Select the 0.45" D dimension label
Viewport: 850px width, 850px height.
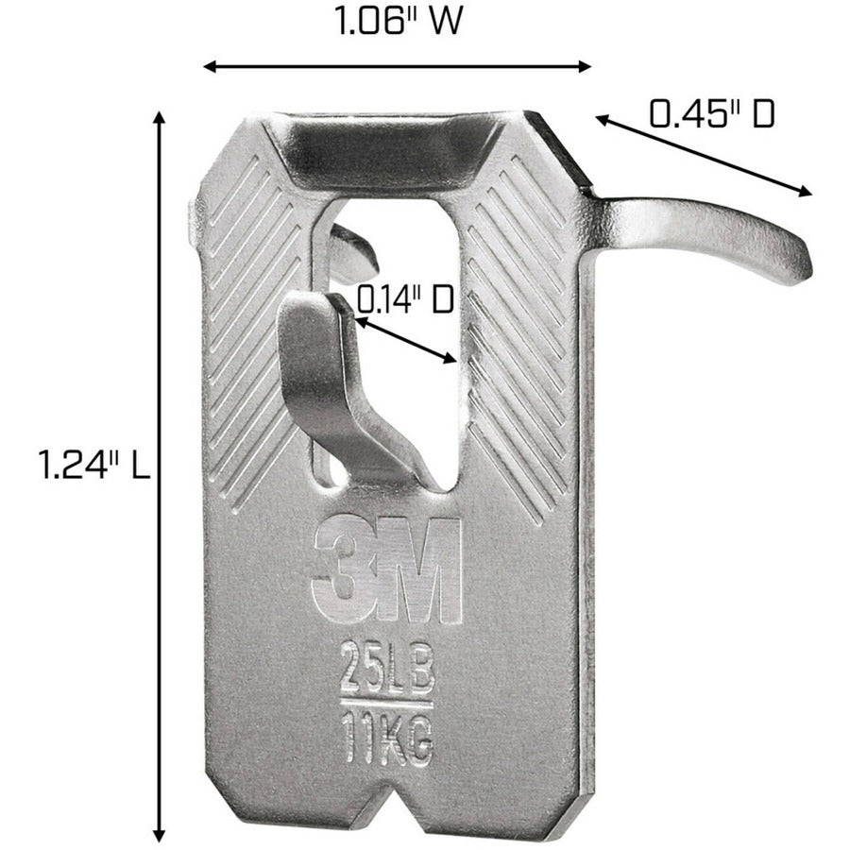pos(711,113)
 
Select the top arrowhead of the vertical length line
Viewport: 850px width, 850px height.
pos(160,117)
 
